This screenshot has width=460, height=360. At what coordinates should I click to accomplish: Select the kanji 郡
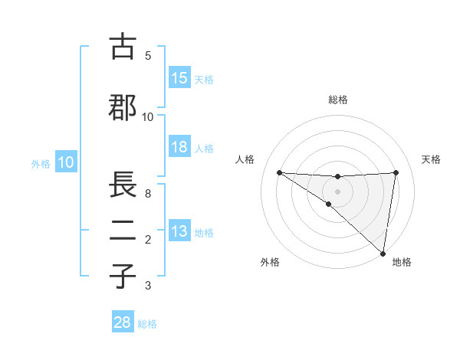click(x=123, y=108)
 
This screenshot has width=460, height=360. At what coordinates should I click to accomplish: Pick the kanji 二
click(x=123, y=231)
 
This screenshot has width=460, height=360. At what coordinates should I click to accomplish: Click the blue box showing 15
click(x=179, y=78)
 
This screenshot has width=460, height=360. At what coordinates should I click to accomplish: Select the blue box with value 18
click(x=179, y=147)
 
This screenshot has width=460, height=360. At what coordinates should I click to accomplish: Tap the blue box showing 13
click(x=179, y=232)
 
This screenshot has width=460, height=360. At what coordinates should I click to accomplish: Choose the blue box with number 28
click(x=123, y=322)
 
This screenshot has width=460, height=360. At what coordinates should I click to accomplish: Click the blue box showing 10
click(x=66, y=162)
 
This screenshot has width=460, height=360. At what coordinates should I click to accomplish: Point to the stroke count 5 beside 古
click(x=148, y=55)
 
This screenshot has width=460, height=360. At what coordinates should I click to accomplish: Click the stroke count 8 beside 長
click(x=148, y=194)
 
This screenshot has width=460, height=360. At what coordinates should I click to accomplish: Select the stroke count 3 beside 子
click(x=148, y=286)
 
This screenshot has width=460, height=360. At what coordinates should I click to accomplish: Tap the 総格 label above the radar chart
click(x=338, y=100)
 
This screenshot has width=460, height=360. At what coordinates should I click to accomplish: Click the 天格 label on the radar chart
click(x=432, y=159)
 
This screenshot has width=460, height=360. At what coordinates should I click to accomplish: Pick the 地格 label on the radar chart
click(x=402, y=263)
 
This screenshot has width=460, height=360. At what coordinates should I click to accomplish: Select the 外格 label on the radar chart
click(x=270, y=263)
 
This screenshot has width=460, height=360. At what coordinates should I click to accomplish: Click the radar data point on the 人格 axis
click(x=279, y=172)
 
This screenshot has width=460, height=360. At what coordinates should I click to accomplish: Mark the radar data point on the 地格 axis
click(x=383, y=253)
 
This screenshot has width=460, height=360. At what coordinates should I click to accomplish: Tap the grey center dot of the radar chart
click(x=338, y=191)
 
